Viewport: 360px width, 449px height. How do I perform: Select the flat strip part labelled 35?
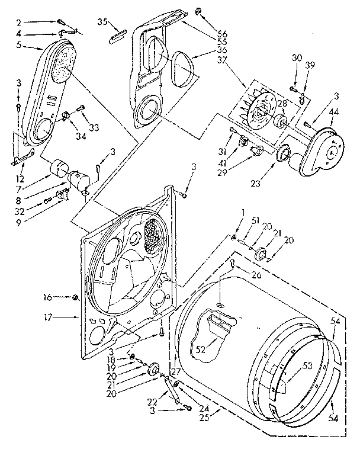click(x=115, y=38)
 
